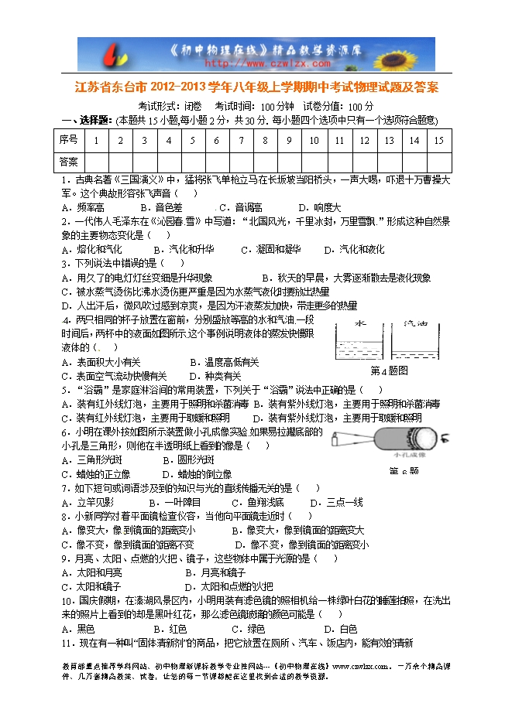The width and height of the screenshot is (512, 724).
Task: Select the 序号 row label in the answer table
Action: [68, 140]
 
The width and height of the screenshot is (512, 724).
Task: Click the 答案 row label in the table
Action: [68, 162]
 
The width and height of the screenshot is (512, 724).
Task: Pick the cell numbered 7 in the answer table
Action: [241, 140]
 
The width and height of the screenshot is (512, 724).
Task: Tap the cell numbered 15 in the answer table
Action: [438, 140]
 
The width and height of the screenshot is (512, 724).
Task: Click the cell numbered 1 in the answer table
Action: [96, 140]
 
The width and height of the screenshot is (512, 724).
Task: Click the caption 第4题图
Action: [389, 371]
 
